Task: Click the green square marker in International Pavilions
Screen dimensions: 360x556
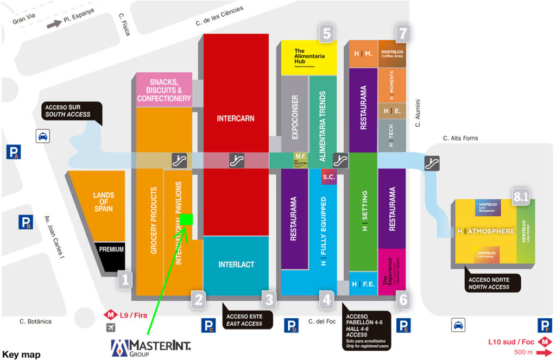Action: (187, 219)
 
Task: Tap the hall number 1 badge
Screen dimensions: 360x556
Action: (125, 280)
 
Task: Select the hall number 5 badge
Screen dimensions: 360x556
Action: (326, 33)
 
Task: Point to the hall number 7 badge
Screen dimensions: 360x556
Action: (402, 33)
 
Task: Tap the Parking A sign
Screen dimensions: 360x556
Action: (14, 152)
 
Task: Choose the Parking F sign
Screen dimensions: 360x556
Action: (544, 325)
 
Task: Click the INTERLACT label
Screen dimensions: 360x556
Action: (236, 264)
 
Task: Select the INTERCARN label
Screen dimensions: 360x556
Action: (236, 118)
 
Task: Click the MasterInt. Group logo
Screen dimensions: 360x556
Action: (150, 347)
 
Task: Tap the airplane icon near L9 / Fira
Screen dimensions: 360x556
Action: (111, 327)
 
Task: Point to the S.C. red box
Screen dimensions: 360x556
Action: (328, 177)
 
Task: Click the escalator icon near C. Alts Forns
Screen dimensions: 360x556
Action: (432, 161)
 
